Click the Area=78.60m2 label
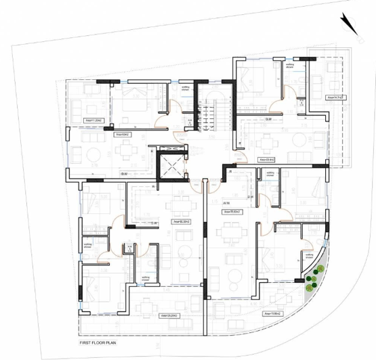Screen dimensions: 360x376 pos(233,211)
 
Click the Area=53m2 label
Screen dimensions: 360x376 pos(123,135)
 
